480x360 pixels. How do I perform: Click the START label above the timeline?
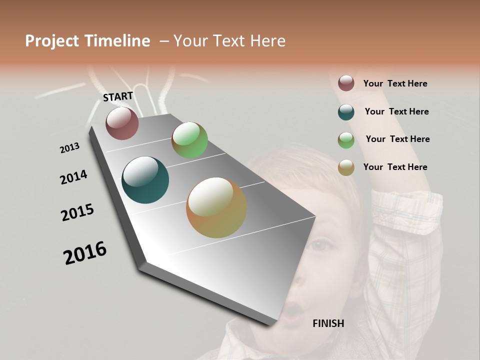click(118, 96)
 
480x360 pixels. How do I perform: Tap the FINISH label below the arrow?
click(328, 323)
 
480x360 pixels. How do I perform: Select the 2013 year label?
click(70, 148)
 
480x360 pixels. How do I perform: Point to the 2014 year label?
click(74, 177)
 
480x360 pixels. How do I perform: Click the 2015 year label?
click(77, 212)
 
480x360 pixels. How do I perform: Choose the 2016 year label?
click(85, 253)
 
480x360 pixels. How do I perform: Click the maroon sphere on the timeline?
click(122, 123)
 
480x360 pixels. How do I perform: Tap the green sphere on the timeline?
click(189, 140)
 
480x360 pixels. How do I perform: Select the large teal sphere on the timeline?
click(145, 180)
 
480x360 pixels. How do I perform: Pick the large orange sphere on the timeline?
click(216, 207)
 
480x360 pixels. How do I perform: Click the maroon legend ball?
click(346, 83)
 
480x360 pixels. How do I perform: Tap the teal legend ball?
click(346, 112)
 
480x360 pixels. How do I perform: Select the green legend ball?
click(346, 140)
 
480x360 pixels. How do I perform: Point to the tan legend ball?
click(346, 167)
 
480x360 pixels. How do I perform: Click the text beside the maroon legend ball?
click(395, 83)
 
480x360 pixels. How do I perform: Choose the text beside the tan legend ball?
click(395, 167)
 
